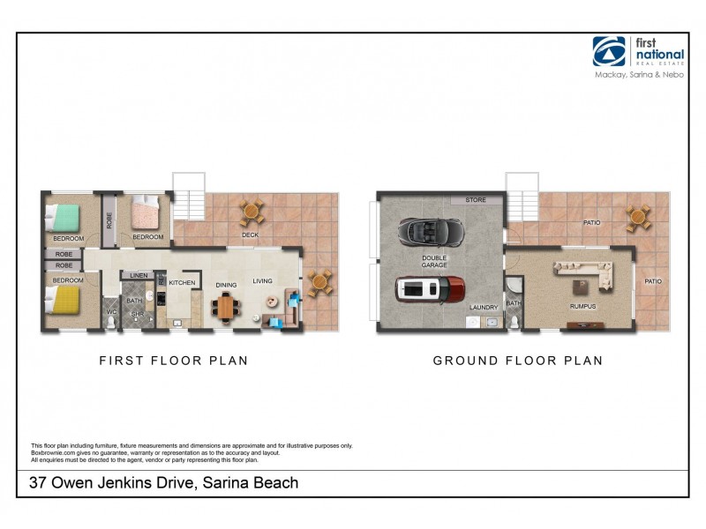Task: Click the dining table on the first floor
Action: click(x=227, y=307)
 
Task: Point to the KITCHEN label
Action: click(x=182, y=283)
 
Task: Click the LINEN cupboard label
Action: click(x=138, y=276)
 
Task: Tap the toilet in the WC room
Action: click(x=110, y=322)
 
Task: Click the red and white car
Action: click(x=429, y=289)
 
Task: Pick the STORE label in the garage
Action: click(x=476, y=200)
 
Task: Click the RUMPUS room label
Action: click(x=582, y=307)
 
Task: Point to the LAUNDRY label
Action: click(x=484, y=307)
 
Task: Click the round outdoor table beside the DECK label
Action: click(x=252, y=212)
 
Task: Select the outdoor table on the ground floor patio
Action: click(x=638, y=216)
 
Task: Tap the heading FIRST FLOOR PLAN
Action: click(x=173, y=361)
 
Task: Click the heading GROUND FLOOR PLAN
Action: click(x=517, y=361)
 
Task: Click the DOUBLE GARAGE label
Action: click(x=435, y=261)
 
